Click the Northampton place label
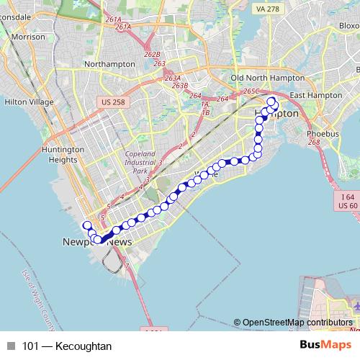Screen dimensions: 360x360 pyautogui.click(x=109, y=64)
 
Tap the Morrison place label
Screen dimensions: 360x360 pyautogui.click(x=29, y=36)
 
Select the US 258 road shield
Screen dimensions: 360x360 pyautogui.click(x=113, y=102)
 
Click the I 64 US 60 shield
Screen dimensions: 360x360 pyautogui.click(x=348, y=201)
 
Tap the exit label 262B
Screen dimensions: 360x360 pyautogui.click(x=152, y=54)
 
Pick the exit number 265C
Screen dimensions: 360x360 pyautogui.click(x=251, y=91)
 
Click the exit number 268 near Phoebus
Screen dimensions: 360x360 pyautogui.click(x=314, y=143)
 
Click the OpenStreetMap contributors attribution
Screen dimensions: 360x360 pyautogui.click(x=297, y=323)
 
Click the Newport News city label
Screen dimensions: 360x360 pyautogui.click(x=97, y=243)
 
